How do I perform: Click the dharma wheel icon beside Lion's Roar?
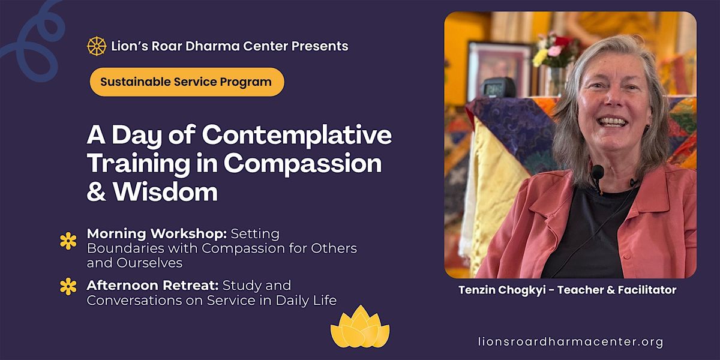coord(97,46)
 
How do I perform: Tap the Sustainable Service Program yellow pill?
coord(187,82)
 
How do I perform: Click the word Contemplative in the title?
coord(297,136)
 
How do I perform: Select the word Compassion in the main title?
coord(303,164)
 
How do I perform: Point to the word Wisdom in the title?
coord(165,192)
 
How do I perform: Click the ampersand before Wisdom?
coord(96,192)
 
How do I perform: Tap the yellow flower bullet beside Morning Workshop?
coord(68,241)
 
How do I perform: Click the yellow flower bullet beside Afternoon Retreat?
coord(68,286)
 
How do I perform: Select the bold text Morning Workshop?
coord(157,233)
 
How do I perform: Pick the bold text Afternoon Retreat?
coord(152,286)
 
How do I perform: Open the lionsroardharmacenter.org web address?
coord(571,341)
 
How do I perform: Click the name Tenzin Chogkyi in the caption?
coord(502,290)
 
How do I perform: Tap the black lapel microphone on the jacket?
coord(597,173)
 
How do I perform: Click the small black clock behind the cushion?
coord(497,87)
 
